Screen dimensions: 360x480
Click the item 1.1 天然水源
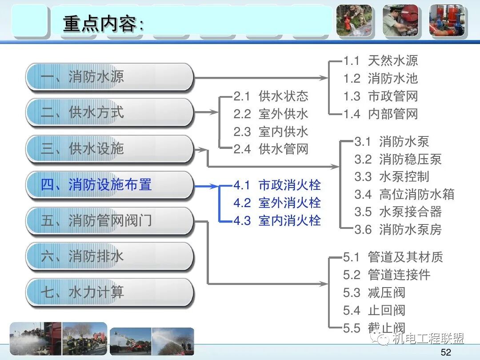380,61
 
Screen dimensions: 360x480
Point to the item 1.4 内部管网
380,114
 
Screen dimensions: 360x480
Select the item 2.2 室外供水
271,114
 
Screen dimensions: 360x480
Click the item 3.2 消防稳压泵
398,159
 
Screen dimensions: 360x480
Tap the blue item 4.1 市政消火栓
277,185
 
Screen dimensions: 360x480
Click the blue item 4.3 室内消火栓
277,220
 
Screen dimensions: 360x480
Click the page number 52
446,352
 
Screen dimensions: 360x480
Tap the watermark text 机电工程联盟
428,339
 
